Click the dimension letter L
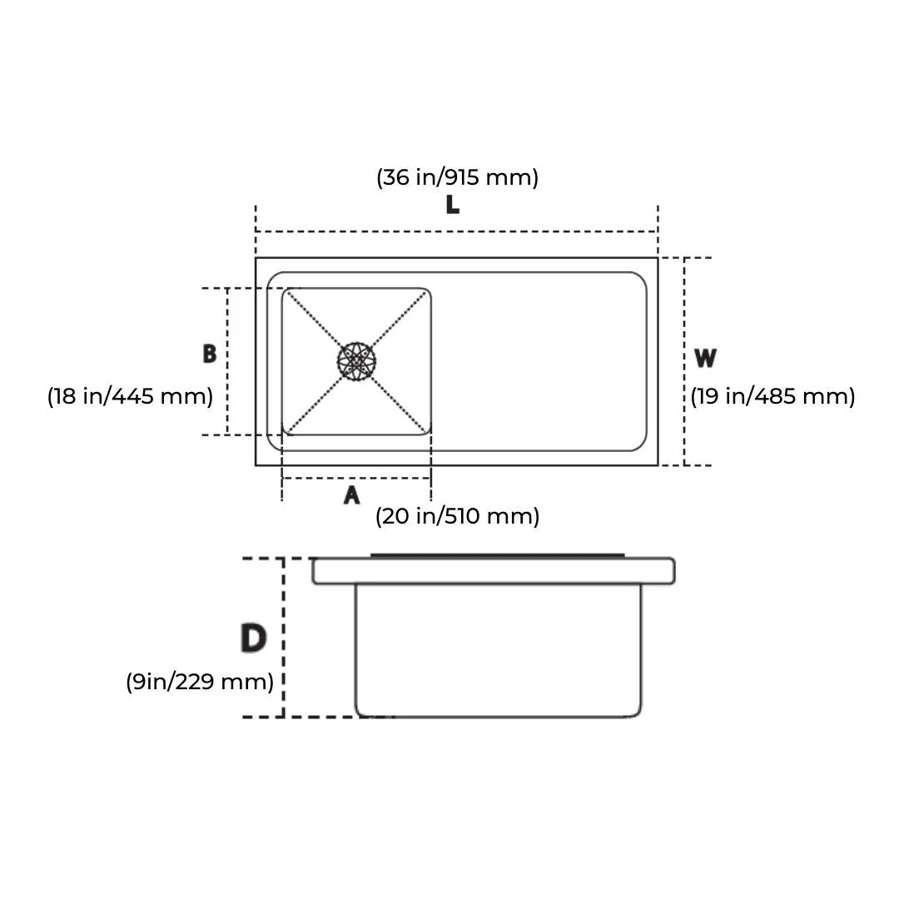[x=452, y=204]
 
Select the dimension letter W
[x=705, y=359]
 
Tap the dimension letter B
[x=210, y=354]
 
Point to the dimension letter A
[x=352, y=495]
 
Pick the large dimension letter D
[x=253, y=638]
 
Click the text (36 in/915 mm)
[x=457, y=177]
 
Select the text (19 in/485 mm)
[x=772, y=396]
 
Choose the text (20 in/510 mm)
[x=457, y=516]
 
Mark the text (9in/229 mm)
[x=200, y=682]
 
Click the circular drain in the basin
[x=357, y=361]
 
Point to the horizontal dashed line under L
[x=456, y=231]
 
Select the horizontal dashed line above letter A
[x=356, y=478]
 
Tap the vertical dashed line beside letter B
[x=227, y=361]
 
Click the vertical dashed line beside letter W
[x=684, y=361]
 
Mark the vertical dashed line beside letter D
[x=284, y=638]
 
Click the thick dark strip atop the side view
[x=497, y=555]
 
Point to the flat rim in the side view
[x=494, y=571]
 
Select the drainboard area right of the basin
[x=538, y=361]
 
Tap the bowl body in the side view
[x=499, y=649]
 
